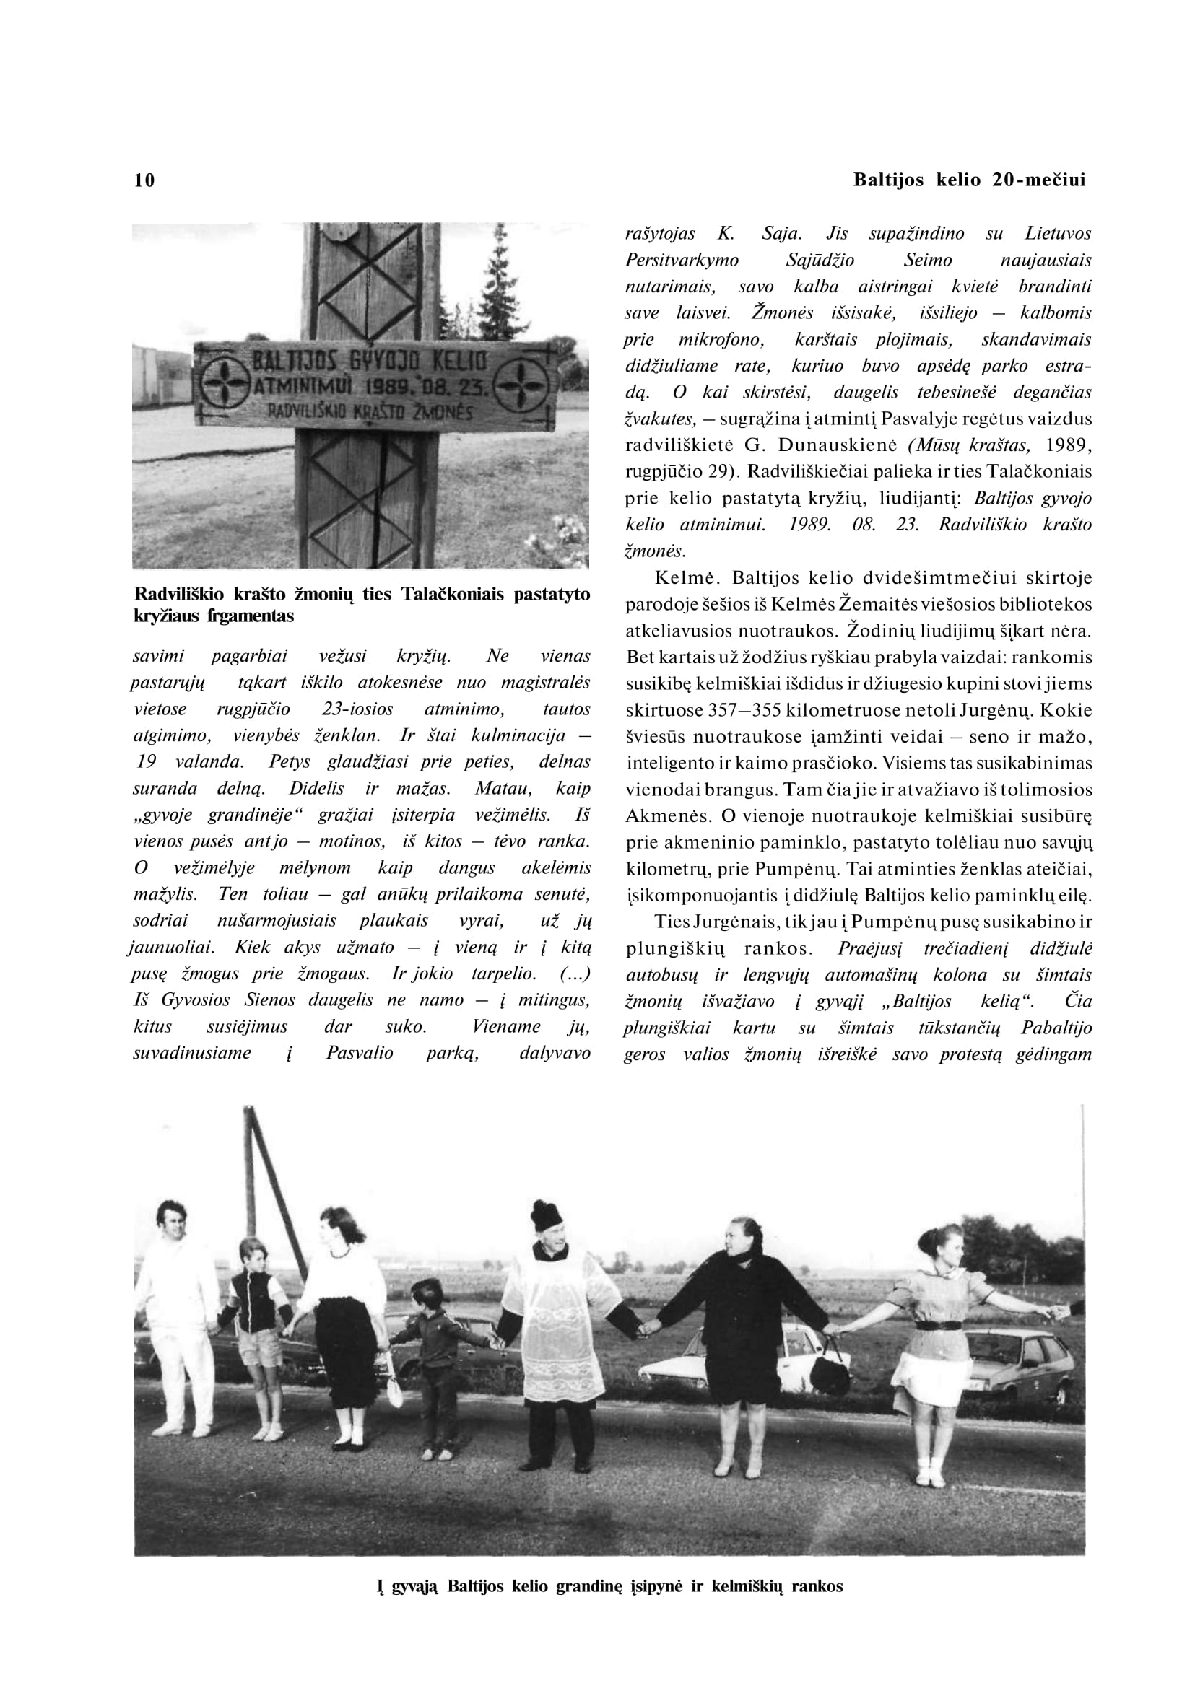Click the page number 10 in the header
tap(145, 180)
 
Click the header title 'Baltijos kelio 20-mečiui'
tap(969, 180)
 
